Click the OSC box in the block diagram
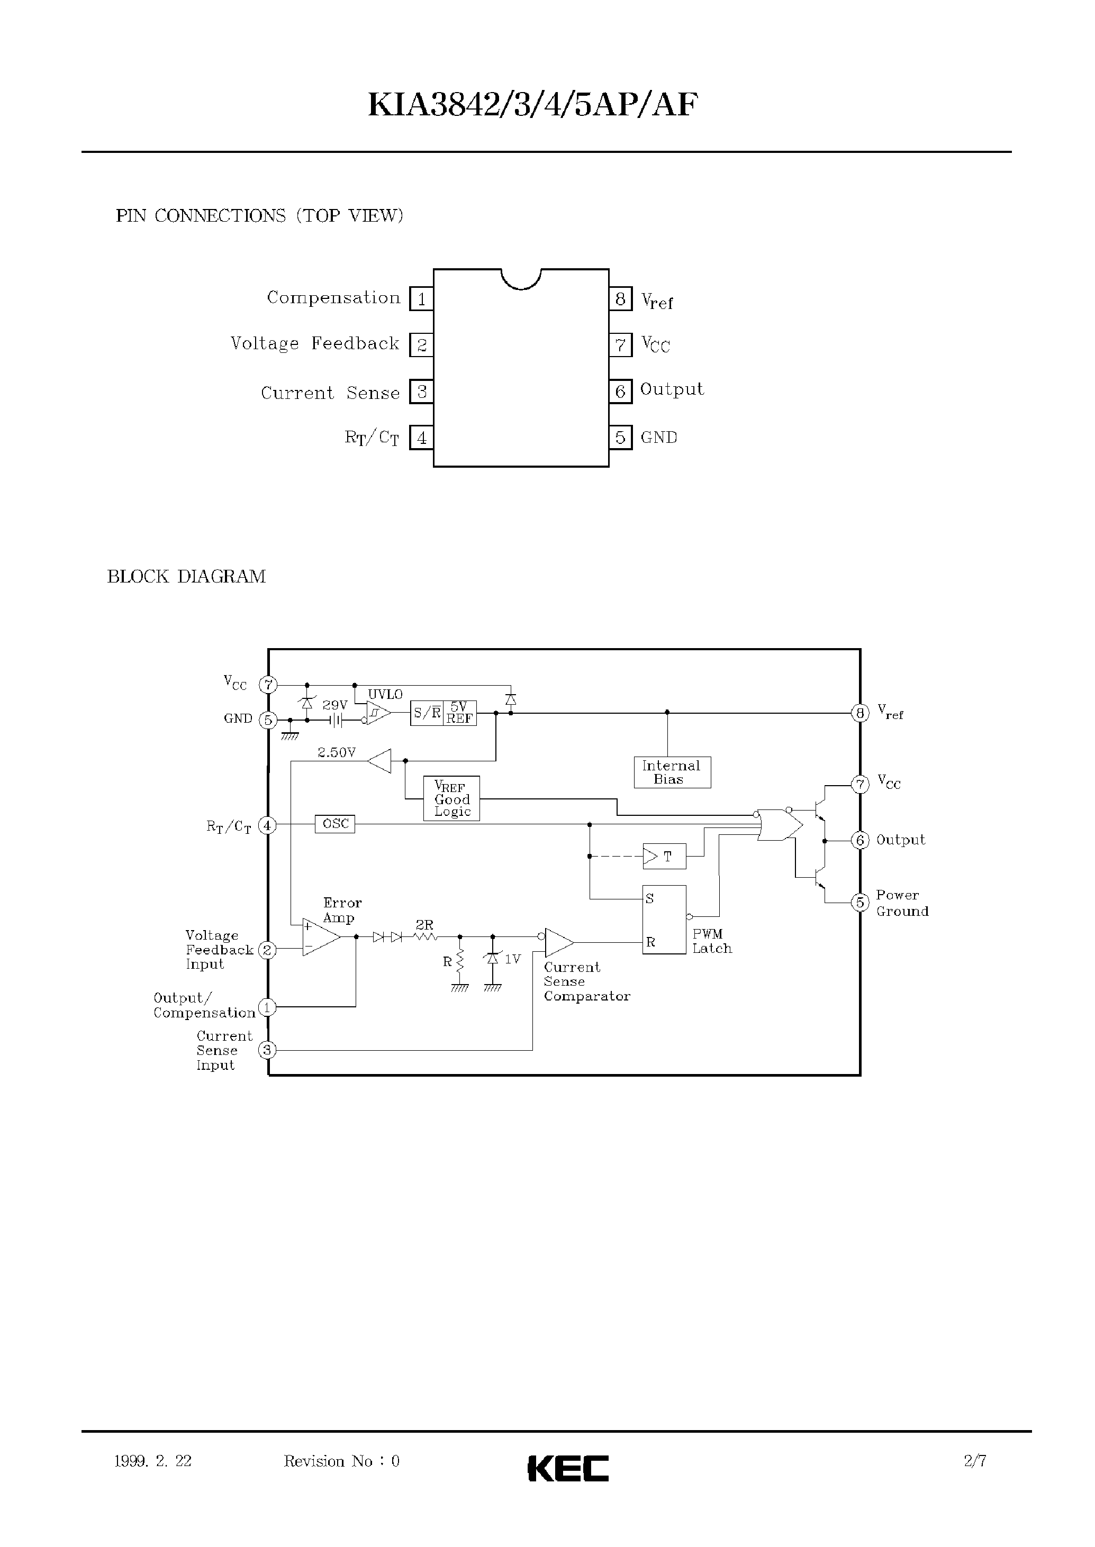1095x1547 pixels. [x=335, y=824]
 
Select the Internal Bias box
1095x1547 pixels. [x=672, y=772]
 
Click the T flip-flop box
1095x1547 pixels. [x=664, y=857]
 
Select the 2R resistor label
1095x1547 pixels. [x=424, y=925]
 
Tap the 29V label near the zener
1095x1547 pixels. [x=335, y=705]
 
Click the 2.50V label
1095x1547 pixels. [x=337, y=752]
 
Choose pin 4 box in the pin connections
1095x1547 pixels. [x=421, y=438]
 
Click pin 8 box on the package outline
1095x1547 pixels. [x=620, y=298]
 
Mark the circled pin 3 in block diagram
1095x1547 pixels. [x=267, y=1050]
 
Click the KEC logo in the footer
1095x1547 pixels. [x=568, y=1468]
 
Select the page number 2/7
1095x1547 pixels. [x=975, y=1461]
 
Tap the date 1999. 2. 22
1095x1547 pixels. [x=153, y=1461]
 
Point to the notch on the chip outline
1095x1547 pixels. [x=521, y=278]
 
